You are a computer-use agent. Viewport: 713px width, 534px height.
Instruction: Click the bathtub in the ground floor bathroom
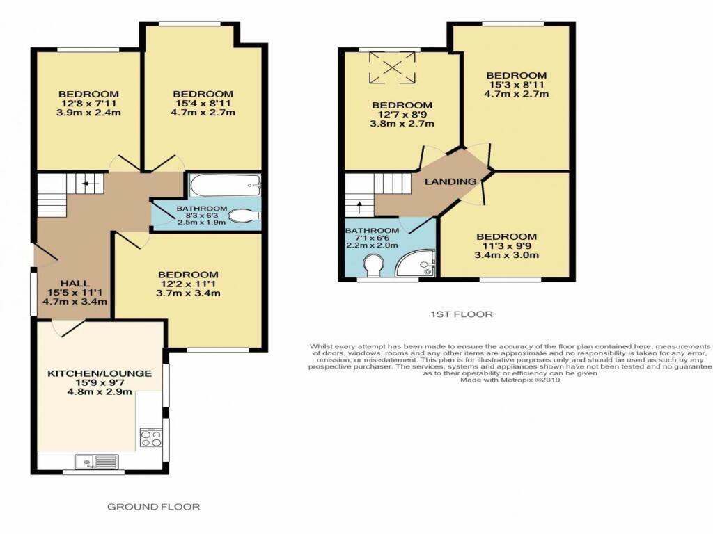(225, 186)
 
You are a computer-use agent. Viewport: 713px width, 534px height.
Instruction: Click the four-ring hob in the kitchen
(151, 438)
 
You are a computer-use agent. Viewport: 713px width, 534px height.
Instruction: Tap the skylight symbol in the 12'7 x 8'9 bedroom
(393, 67)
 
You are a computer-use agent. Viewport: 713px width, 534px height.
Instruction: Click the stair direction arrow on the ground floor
(86, 184)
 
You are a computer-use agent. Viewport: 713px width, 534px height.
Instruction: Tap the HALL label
(75, 283)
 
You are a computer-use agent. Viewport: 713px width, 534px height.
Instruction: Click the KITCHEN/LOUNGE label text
(99, 373)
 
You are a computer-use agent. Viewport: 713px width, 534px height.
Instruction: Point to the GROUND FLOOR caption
(153, 507)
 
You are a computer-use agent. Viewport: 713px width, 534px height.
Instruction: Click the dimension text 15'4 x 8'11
(203, 104)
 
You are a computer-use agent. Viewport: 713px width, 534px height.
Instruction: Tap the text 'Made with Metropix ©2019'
(510, 380)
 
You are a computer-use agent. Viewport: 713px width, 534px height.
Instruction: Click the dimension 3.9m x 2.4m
(88, 113)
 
